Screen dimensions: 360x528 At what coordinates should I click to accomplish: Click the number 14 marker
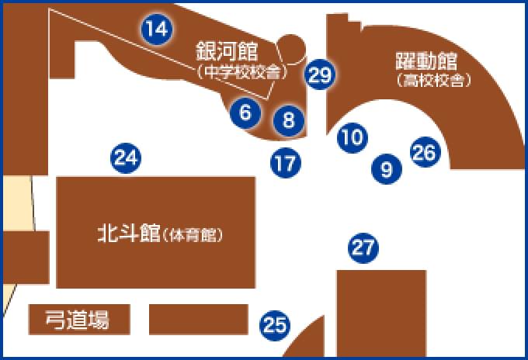pos(156,29)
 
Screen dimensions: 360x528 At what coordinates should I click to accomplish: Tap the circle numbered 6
pos(245,112)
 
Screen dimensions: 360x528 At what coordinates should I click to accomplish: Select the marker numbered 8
pos(288,119)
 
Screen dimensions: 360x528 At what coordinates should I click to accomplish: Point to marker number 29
pos(320,75)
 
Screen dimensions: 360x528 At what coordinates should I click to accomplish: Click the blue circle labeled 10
pos(352,138)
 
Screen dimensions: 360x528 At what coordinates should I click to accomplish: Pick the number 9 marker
pos(387,167)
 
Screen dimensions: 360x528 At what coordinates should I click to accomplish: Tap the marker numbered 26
pos(424,152)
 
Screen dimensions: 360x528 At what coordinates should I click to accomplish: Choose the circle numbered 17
pos(285,163)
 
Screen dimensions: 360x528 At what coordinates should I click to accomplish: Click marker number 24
pos(126,159)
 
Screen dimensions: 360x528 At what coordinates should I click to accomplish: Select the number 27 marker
pos(363,248)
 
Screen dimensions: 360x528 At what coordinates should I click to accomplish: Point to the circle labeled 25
pos(272,325)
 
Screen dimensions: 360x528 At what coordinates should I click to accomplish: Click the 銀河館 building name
pos(226,52)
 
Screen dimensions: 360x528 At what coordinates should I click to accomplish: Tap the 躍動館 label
pos(425,61)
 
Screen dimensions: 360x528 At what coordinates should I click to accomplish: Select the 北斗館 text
pos(128,232)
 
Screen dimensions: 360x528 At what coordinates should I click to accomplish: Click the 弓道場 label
pos(77,319)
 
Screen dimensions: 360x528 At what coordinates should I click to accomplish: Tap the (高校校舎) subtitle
pos(433,79)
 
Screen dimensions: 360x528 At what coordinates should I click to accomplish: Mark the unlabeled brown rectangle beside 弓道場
pos(198,319)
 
